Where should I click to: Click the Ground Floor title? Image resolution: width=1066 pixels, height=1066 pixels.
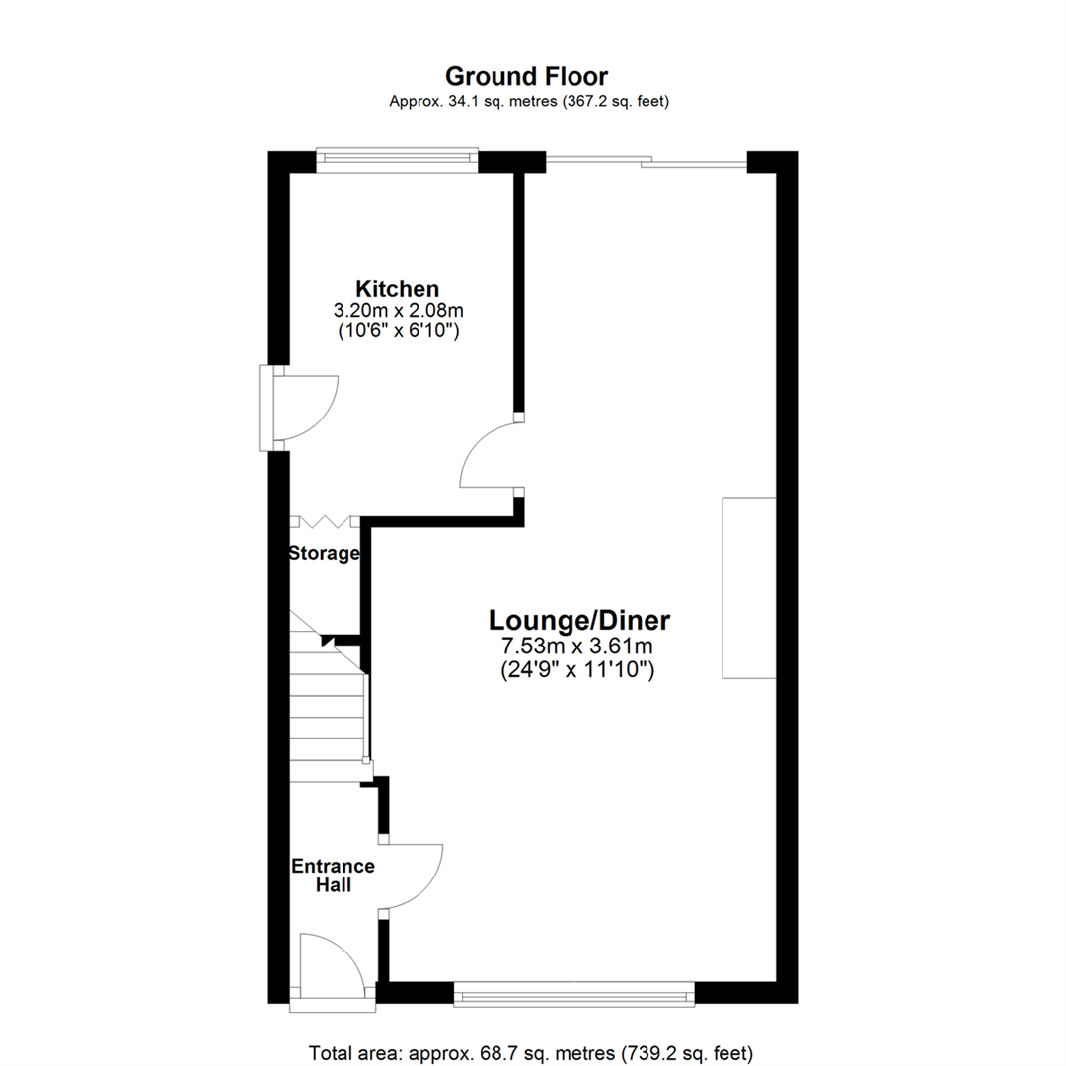coord(527,76)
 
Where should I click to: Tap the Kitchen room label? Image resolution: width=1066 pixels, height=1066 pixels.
coord(397,289)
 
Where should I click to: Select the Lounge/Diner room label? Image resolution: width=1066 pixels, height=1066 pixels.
coord(580,621)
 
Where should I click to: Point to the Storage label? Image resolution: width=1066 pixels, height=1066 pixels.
coord(323,554)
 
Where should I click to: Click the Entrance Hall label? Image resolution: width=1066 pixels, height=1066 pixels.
coord(332,876)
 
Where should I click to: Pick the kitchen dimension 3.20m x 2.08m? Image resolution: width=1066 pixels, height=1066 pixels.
coord(397,311)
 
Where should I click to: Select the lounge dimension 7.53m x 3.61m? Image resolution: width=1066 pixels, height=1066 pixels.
coord(580,647)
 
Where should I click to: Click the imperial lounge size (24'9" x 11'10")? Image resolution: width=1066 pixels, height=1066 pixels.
coord(580,671)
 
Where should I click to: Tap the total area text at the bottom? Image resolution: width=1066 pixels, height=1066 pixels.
coord(532,1052)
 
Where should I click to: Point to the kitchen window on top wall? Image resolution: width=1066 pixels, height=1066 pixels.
coord(397,159)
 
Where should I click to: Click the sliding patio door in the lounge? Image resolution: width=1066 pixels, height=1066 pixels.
coord(647,162)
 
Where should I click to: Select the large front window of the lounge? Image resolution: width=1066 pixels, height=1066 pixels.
coord(573,994)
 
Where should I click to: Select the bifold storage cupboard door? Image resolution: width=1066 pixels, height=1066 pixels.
coord(324,521)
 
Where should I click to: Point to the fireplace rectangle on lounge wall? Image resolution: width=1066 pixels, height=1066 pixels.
coord(748,588)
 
